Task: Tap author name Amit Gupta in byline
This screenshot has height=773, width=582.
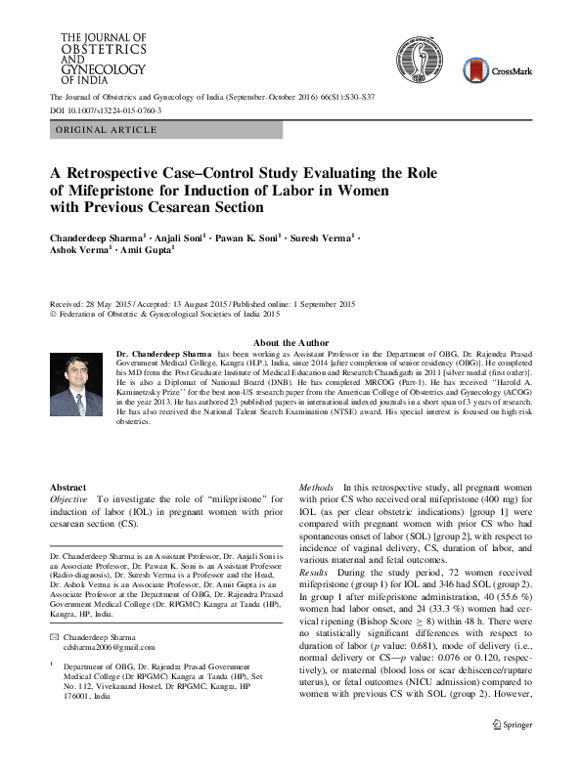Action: pos(148,252)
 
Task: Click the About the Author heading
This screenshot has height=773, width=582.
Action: pos(291,343)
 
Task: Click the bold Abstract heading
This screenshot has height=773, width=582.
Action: pos(67,487)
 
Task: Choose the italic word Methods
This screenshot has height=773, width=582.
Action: pos(316,487)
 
